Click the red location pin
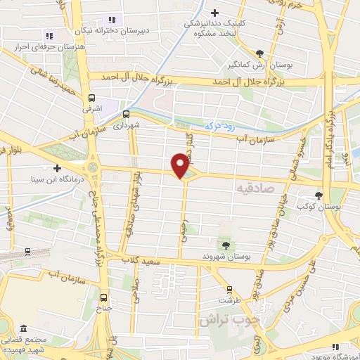(181, 165)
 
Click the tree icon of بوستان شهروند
(226, 245)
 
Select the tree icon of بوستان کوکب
(321, 195)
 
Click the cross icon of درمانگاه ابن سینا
(56, 168)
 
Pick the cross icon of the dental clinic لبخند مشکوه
(216, 12)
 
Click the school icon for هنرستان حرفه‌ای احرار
(49, 35)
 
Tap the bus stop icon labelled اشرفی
(91, 99)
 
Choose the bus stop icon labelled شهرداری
(126, 112)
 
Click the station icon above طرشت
(229, 289)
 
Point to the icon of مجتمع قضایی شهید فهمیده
(24, 329)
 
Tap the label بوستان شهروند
(226, 256)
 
